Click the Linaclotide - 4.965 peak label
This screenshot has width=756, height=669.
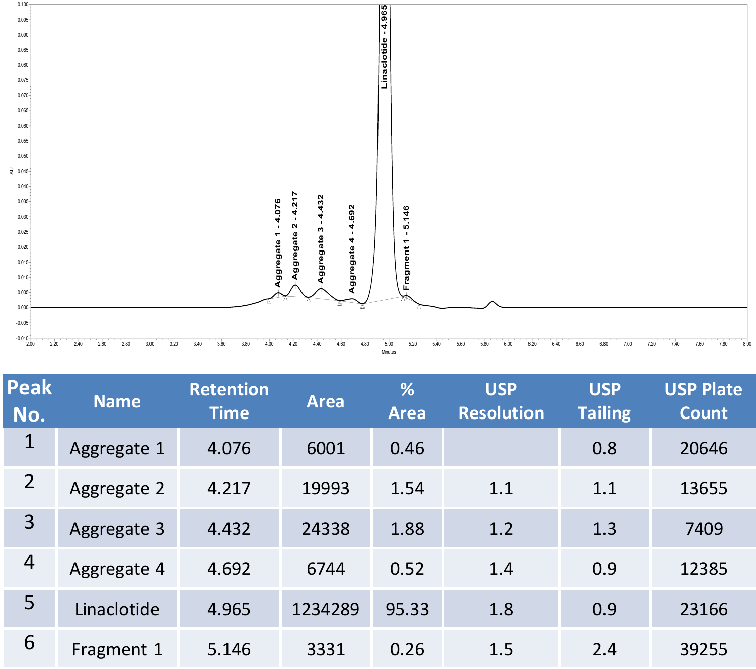(x=384, y=47)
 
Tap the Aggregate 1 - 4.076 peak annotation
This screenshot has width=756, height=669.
(x=278, y=243)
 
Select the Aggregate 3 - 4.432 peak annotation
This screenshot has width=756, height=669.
(x=321, y=239)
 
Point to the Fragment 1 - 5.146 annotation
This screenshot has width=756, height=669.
(x=406, y=248)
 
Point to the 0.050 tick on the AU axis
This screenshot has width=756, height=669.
(x=23, y=156)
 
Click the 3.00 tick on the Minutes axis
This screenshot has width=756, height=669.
(x=149, y=344)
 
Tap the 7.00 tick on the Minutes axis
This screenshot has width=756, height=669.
(x=628, y=344)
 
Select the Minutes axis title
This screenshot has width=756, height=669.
(x=389, y=352)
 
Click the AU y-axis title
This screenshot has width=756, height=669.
(x=12, y=171)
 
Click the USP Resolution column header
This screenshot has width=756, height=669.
(x=501, y=401)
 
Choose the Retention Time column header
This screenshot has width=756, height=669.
(x=229, y=401)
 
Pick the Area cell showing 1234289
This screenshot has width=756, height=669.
(x=325, y=609)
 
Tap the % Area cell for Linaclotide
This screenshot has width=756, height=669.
(x=407, y=609)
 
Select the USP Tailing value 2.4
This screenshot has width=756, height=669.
(x=604, y=649)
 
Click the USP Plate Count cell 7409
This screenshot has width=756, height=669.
(x=704, y=529)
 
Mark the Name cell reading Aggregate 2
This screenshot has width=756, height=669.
(x=117, y=489)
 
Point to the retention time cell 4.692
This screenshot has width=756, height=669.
(x=229, y=569)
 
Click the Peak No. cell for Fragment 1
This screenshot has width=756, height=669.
(x=29, y=643)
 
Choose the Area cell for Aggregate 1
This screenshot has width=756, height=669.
(x=326, y=448)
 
